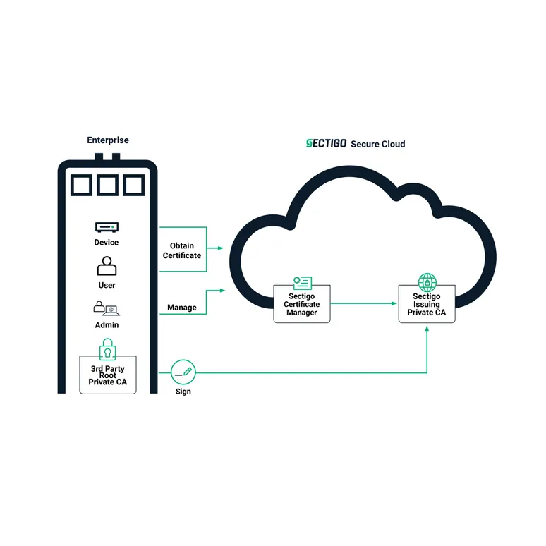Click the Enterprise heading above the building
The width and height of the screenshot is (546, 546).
pyautogui.click(x=108, y=140)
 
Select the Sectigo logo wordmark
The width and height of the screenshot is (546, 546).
pyautogui.click(x=326, y=144)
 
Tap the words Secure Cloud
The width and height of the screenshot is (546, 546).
pyautogui.click(x=378, y=144)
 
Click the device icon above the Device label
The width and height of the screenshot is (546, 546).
pyautogui.click(x=107, y=227)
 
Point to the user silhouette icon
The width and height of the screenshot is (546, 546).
pyautogui.click(x=107, y=267)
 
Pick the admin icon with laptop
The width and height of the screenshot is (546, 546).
pyautogui.click(x=107, y=308)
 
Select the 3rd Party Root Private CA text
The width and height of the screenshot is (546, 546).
pyautogui.click(x=107, y=375)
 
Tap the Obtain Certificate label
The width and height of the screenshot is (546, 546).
pyautogui.click(x=182, y=250)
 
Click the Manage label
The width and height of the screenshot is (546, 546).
pyautogui.click(x=182, y=308)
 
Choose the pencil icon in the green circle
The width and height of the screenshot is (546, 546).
pyautogui.click(x=183, y=371)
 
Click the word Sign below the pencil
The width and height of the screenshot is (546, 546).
pyautogui.click(x=183, y=392)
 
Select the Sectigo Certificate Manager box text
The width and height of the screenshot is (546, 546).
pyautogui.click(x=302, y=305)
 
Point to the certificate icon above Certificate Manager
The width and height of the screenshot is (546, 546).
pyautogui.click(x=302, y=284)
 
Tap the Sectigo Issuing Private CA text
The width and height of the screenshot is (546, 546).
pyautogui.click(x=427, y=305)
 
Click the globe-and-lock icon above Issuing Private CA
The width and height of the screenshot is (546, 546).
pyautogui.click(x=427, y=283)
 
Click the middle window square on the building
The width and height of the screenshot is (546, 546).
pyautogui.click(x=108, y=185)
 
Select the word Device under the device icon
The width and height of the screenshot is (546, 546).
pyautogui.click(x=107, y=243)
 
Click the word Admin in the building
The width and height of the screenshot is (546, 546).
pyautogui.click(x=107, y=325)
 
